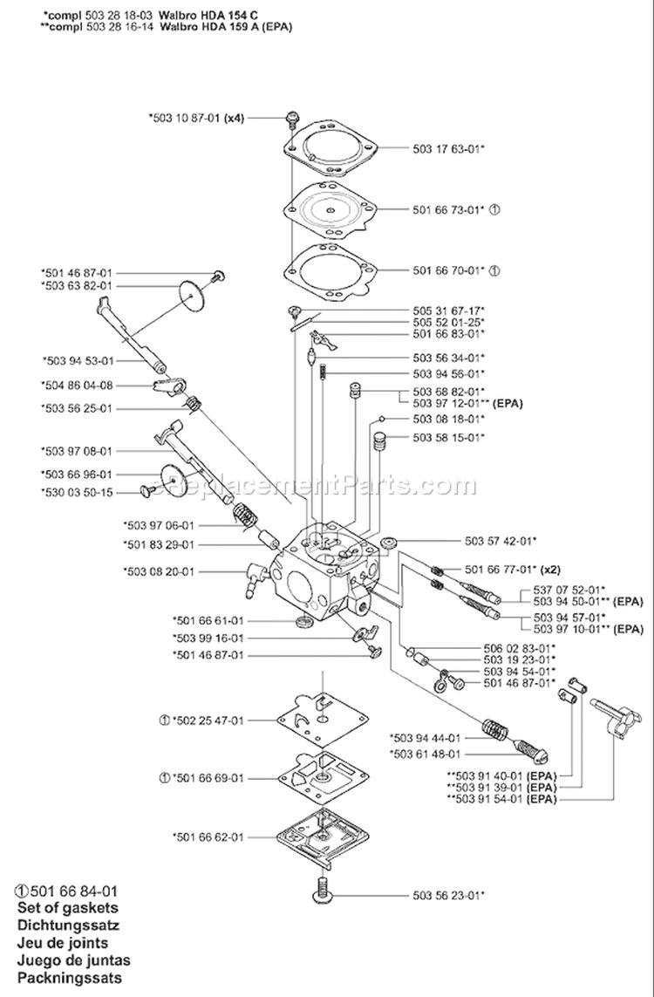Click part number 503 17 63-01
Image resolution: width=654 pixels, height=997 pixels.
pos(448,149)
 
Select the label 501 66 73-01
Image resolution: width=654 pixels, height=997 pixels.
pos(448,208)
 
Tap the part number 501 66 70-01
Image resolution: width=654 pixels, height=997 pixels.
pos(448,271)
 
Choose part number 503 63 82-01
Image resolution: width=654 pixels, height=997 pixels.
pos(77,285)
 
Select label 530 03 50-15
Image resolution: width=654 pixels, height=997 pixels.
pos(77,493)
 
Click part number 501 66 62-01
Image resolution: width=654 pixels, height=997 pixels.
pos(209,836)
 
